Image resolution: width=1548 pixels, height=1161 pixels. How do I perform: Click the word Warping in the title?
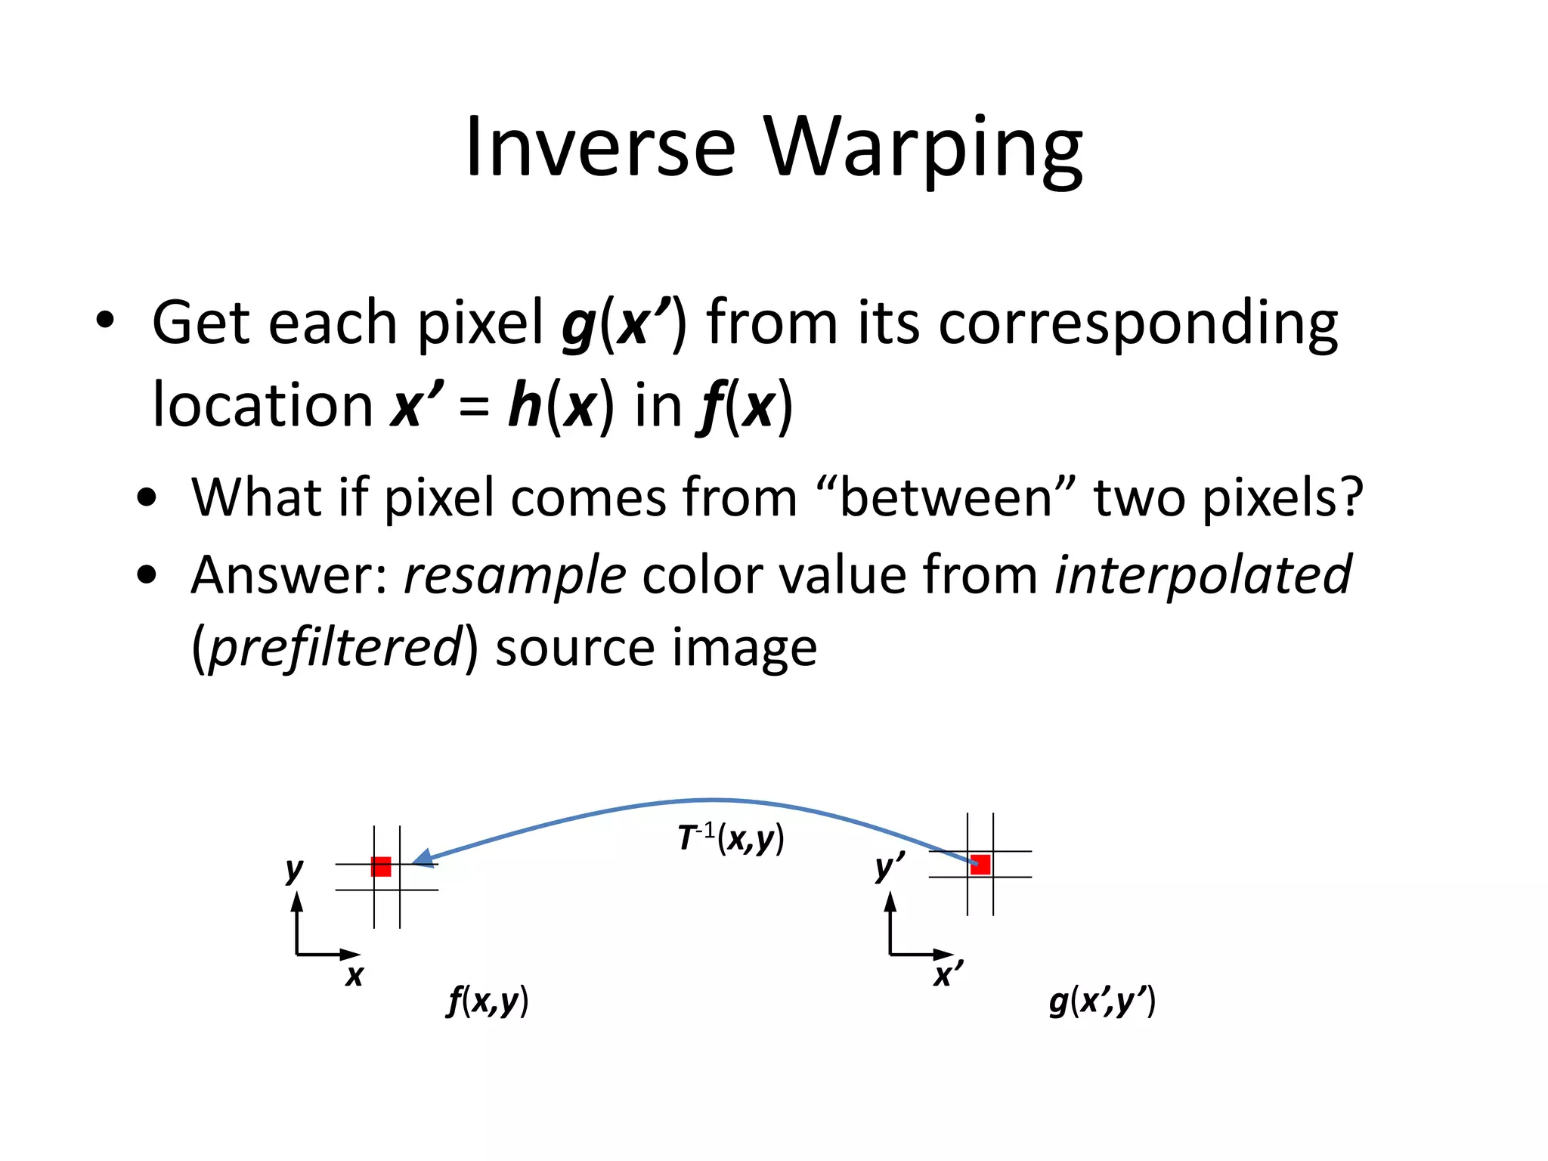coord(923,148)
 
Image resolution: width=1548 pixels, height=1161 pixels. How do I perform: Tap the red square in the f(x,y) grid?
coord(381,867)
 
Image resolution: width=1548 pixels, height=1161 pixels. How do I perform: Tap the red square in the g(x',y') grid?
coord(980,864)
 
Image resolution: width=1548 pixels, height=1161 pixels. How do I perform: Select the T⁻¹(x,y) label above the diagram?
coord(730,838)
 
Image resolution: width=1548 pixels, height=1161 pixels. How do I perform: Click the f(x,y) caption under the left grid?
coord(488,1001)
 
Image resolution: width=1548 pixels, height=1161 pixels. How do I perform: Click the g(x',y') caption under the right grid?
coord(1102,1001)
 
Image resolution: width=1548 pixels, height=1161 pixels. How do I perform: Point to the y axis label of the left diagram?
coord(294,869)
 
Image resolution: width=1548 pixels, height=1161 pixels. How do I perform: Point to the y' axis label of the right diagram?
coord(887,866)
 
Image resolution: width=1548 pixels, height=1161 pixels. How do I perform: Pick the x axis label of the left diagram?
coord(354,975)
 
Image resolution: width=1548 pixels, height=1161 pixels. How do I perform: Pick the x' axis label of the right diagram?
coord(947,974)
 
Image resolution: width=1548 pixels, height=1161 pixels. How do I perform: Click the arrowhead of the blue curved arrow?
coord(423,858)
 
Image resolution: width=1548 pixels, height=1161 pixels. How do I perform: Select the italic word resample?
coord(515,575)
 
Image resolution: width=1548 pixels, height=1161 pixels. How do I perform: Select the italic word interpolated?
coord(1203,575)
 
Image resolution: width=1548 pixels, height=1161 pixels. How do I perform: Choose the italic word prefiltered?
coord(335,648)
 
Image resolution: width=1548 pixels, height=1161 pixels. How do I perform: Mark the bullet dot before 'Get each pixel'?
coord(106,320)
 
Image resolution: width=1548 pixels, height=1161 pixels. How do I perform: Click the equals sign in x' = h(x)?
coord(474,407)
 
